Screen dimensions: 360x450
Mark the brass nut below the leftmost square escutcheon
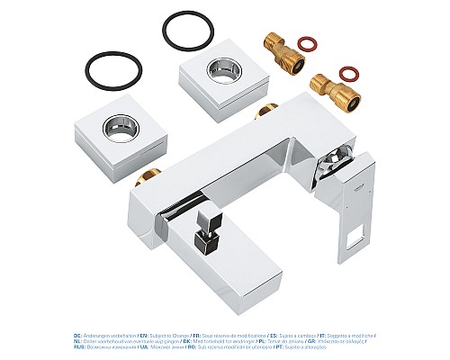click(144, 179)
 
